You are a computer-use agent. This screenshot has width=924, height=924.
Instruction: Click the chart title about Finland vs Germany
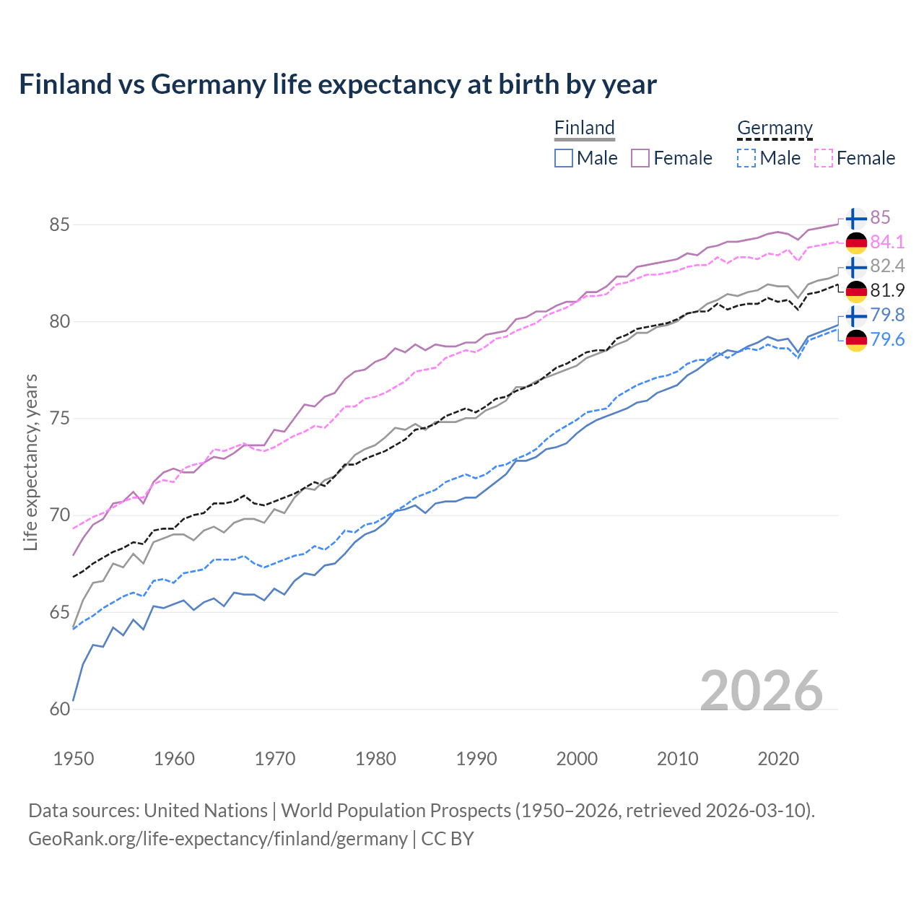coord(338,84)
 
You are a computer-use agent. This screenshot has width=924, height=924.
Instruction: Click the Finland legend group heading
coord(584,128)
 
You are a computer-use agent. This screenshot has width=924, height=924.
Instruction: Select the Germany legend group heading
coord(775,128)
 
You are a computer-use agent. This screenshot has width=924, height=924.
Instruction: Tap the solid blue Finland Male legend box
coord(564,158)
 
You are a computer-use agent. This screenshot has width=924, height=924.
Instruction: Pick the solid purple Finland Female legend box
coord(641,158)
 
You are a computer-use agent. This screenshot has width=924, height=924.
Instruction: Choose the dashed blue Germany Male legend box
coord(746,158)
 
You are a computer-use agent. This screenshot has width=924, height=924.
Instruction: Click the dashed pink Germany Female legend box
coord(824,158)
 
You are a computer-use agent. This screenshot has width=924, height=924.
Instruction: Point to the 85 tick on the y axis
coord(59,225)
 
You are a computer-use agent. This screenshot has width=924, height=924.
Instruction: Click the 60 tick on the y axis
coord(59,710)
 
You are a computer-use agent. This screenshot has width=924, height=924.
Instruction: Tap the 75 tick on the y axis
coord(59,419)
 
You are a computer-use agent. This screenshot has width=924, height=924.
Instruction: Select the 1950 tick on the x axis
coord(74,759)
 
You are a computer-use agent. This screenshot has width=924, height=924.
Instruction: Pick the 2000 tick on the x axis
coord(577,759)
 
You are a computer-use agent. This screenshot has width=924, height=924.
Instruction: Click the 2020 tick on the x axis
coord(778,759)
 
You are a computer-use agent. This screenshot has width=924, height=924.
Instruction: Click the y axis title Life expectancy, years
coord(30,462)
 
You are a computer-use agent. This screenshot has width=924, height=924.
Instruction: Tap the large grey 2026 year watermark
coord(762,691)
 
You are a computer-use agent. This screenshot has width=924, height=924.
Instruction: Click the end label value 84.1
coord(887,242)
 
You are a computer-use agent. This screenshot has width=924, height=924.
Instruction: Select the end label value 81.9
coord(887,290)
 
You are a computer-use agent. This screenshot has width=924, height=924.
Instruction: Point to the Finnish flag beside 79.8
coord(856,315)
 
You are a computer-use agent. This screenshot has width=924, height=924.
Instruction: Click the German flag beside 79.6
coord(856,340)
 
